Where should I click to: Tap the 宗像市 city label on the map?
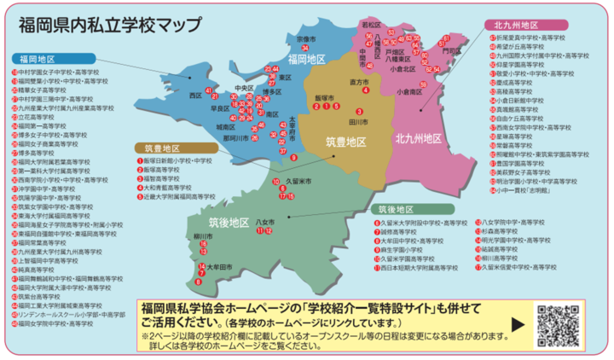coord(305,39)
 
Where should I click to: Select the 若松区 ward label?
coord(370,26)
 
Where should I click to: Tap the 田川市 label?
coord(358,122)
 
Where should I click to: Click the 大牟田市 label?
coord(219,267)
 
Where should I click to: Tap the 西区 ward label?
coord(195,96)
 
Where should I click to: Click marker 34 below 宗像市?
coord(304,50)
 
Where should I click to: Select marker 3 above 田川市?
coord(359,112)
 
